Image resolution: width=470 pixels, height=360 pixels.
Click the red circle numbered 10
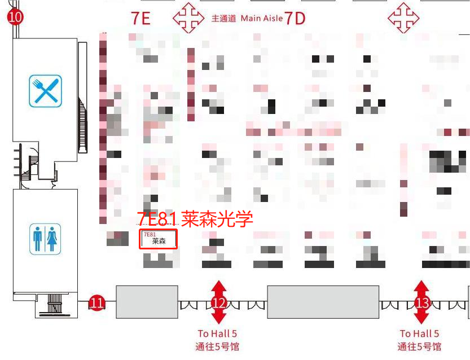[15, 16]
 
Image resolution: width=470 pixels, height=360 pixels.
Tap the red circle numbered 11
[97, 303]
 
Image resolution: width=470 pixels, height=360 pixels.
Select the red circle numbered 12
[219, 302]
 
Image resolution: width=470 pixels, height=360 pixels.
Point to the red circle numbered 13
[421, 302]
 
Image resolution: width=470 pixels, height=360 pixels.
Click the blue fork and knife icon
[45, 91]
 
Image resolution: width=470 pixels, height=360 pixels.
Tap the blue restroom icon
[45, 239]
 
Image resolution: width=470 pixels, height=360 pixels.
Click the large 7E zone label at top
[140, 18]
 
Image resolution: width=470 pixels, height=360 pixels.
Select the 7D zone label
[295, 18]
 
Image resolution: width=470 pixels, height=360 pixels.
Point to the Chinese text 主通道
[223, 19]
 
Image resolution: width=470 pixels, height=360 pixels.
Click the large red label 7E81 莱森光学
[195, 218]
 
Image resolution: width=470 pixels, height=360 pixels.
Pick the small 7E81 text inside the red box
[150, 234]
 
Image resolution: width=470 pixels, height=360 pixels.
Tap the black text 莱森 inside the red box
[159, 242]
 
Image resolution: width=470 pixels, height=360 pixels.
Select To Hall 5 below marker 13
[419, 333]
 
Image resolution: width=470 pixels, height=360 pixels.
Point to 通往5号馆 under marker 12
[217, 346]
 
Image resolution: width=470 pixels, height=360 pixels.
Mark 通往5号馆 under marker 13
[419, 346]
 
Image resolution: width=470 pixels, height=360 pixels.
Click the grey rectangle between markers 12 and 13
[323, 302]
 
